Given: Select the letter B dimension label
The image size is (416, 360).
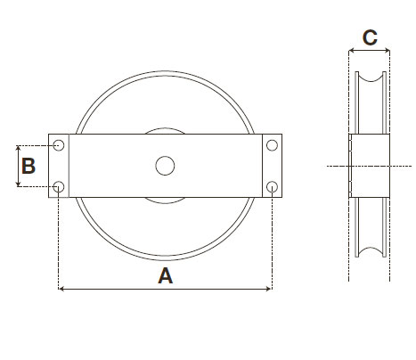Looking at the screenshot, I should pyautogui.click(x=29, y=166).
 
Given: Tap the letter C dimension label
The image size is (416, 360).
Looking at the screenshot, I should pyautogui.click(x=371, y=37).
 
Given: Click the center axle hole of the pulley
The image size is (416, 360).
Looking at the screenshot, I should pyautogui.click(x=165, y=166).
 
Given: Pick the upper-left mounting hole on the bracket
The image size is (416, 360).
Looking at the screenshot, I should pyautogui.click(x=59, y=145).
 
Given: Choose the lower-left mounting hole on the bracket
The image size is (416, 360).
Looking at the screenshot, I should pyautogui.click(x=59, y=186).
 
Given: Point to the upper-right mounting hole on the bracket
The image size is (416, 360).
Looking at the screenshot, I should pyautogui.click(x=272, y=145).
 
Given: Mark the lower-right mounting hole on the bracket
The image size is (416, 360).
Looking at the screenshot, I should pyautogui.click(x=272, y=186).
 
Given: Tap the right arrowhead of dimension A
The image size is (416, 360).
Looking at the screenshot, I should pyautogui.click(x=268, y=289).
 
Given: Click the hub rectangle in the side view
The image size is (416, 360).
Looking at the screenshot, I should pyautogui.click(x=370, y=166).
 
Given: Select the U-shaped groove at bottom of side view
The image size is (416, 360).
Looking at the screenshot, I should pyautogui.click(x=370, y=245).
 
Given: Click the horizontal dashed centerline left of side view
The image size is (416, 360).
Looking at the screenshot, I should pyautogui.click(x=337, y=166).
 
